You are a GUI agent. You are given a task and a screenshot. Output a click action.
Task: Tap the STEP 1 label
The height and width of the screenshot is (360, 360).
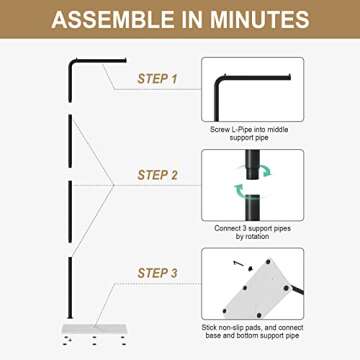tap(159, 77)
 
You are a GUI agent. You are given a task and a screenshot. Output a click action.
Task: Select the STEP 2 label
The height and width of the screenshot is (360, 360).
tap(159, 176)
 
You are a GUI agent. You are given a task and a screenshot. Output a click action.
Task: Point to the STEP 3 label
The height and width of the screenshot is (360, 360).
tap(159, 273)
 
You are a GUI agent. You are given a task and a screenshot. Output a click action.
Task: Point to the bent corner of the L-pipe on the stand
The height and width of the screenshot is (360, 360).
tap(73, 63)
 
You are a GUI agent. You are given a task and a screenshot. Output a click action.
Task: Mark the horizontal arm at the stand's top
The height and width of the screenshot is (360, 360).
tap(100, 60)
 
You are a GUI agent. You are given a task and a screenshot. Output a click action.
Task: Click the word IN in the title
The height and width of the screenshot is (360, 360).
tap(185, 20)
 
